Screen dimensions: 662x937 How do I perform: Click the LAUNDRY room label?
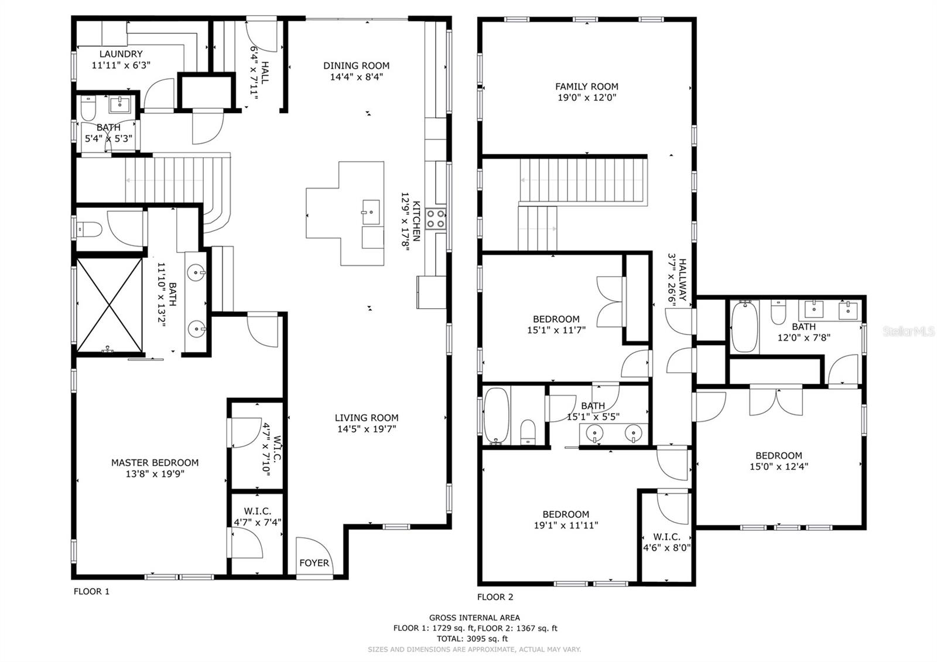pyautogui.click(x=121, y=54)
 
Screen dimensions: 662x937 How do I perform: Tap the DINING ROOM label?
pyautogui.click(x=356, y=66)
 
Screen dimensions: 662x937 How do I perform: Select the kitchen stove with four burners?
pyautogui.click(x=436, y=219)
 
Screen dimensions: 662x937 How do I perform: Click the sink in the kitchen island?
pyautogui.click(x=370, y=210)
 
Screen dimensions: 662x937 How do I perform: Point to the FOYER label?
pyautogui.click(x=314, y=563)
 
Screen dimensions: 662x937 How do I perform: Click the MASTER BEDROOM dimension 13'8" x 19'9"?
pyautogui.click(x=155, y=474)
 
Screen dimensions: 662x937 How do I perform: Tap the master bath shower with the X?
pyautogui.click(x=110, y=305)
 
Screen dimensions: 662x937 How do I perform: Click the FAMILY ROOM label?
pyautogui.click(x=586, y=87)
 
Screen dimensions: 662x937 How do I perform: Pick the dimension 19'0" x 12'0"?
pyautogui.click(x=586, y=98)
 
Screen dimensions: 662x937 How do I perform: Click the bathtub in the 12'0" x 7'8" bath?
pyautogui.click(x=744, y=326)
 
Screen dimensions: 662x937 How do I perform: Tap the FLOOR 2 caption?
pyautogui.click(x=495, y=597)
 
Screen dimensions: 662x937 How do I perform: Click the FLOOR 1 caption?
pyautogui.click(x=91, y=591)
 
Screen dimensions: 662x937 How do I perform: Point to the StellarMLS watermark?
pyautogui.click(x=908, y=332)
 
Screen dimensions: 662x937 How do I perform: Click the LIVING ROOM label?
pyautogui.click(x=367, y=418)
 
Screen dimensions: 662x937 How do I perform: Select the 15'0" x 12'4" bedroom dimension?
pyautogui.click(x=778, y=467)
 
